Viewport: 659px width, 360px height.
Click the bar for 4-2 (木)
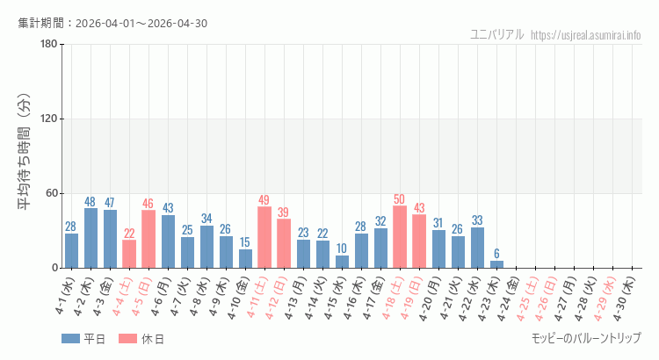click(x=91, y=238)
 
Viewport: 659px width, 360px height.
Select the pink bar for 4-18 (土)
click(x=400, y=237)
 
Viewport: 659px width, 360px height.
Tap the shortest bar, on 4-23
click(x=496, y=264)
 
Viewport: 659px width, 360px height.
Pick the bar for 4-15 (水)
click(x=342, y=262)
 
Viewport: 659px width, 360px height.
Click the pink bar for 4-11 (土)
click(x=264, y=237)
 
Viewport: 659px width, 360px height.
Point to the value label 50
click(x=400, y=199)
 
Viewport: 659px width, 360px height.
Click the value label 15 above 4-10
click(x=245, y=242)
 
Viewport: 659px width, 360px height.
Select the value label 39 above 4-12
click(x=284, y=212)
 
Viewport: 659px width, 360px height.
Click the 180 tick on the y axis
click(x=48, y=45)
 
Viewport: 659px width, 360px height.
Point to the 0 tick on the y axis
click(x=54, y=268)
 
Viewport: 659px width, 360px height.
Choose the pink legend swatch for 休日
click(x=128, y=339)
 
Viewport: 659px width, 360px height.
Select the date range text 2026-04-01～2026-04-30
click(x=141, y=23)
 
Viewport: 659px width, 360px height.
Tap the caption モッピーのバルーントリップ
click(x=586, y=338)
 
